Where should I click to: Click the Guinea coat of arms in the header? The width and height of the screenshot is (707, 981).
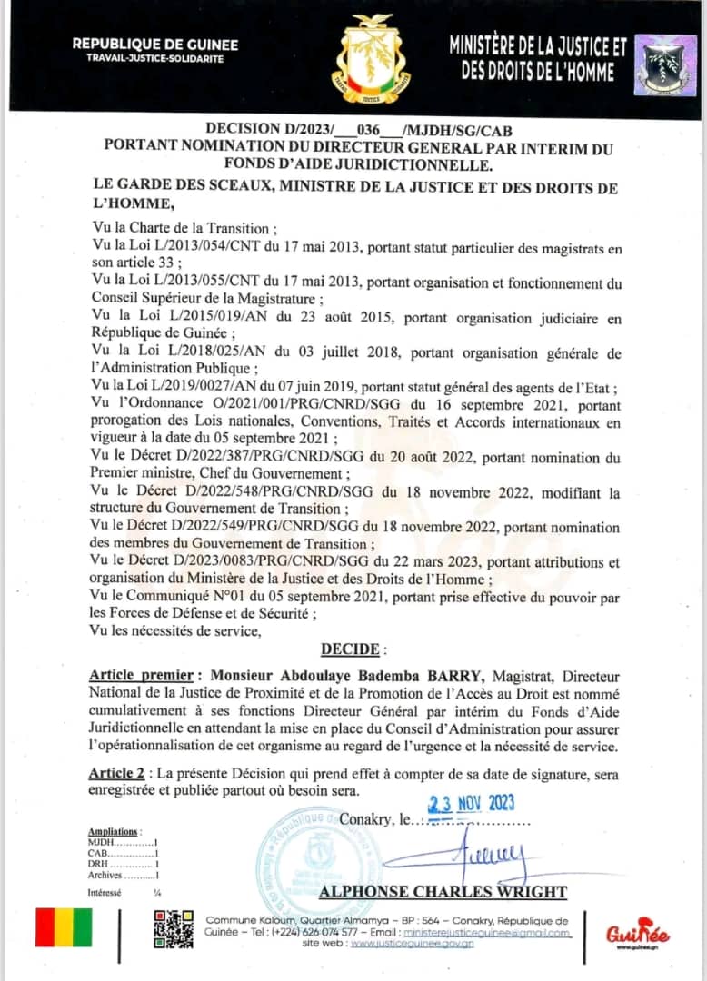pyautogui.click(x=370, y=59)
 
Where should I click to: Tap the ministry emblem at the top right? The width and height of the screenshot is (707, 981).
pyautogui.click(x=665, y=64)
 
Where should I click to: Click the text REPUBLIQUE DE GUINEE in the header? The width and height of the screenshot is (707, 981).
pyautogui.click(x=154, y=44)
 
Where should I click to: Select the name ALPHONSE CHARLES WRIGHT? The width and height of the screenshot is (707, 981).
pyautogui.click(x=443, y=891)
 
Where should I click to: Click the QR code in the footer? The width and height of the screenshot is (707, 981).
pyautogui.click(x=173, y=928)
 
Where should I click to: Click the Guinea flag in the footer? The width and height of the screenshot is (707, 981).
pyautogui.click(x=64, y=927)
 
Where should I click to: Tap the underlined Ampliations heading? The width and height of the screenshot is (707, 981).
pyautogui.click(x=114, y=831)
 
